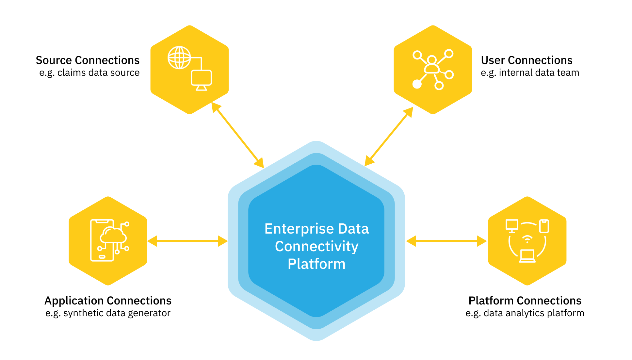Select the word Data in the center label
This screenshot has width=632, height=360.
click(x=353, y=229)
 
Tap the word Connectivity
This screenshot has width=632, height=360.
click(x=316, y=247)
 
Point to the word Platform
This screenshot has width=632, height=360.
click(x=316, y=264)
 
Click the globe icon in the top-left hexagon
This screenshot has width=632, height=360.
click(x=179, y=58)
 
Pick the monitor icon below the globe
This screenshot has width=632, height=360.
click(x=201, y=80)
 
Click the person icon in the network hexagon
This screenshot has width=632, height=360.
click(x=432, y=65)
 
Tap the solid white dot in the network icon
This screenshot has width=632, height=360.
click(x=417, y=84)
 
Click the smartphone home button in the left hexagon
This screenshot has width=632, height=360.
click(x=102, y=257)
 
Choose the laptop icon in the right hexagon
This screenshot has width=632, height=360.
click(x=527, y=256)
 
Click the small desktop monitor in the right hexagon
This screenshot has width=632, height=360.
click(x=511, y=226)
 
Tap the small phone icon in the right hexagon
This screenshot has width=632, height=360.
click(x=544, y=226)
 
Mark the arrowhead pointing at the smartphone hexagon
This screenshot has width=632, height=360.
click(x=152, y=241)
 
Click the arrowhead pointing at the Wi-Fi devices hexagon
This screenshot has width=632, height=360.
click(x=482, y=241)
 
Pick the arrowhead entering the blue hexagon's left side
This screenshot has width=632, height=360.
click(x=223, y=241)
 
